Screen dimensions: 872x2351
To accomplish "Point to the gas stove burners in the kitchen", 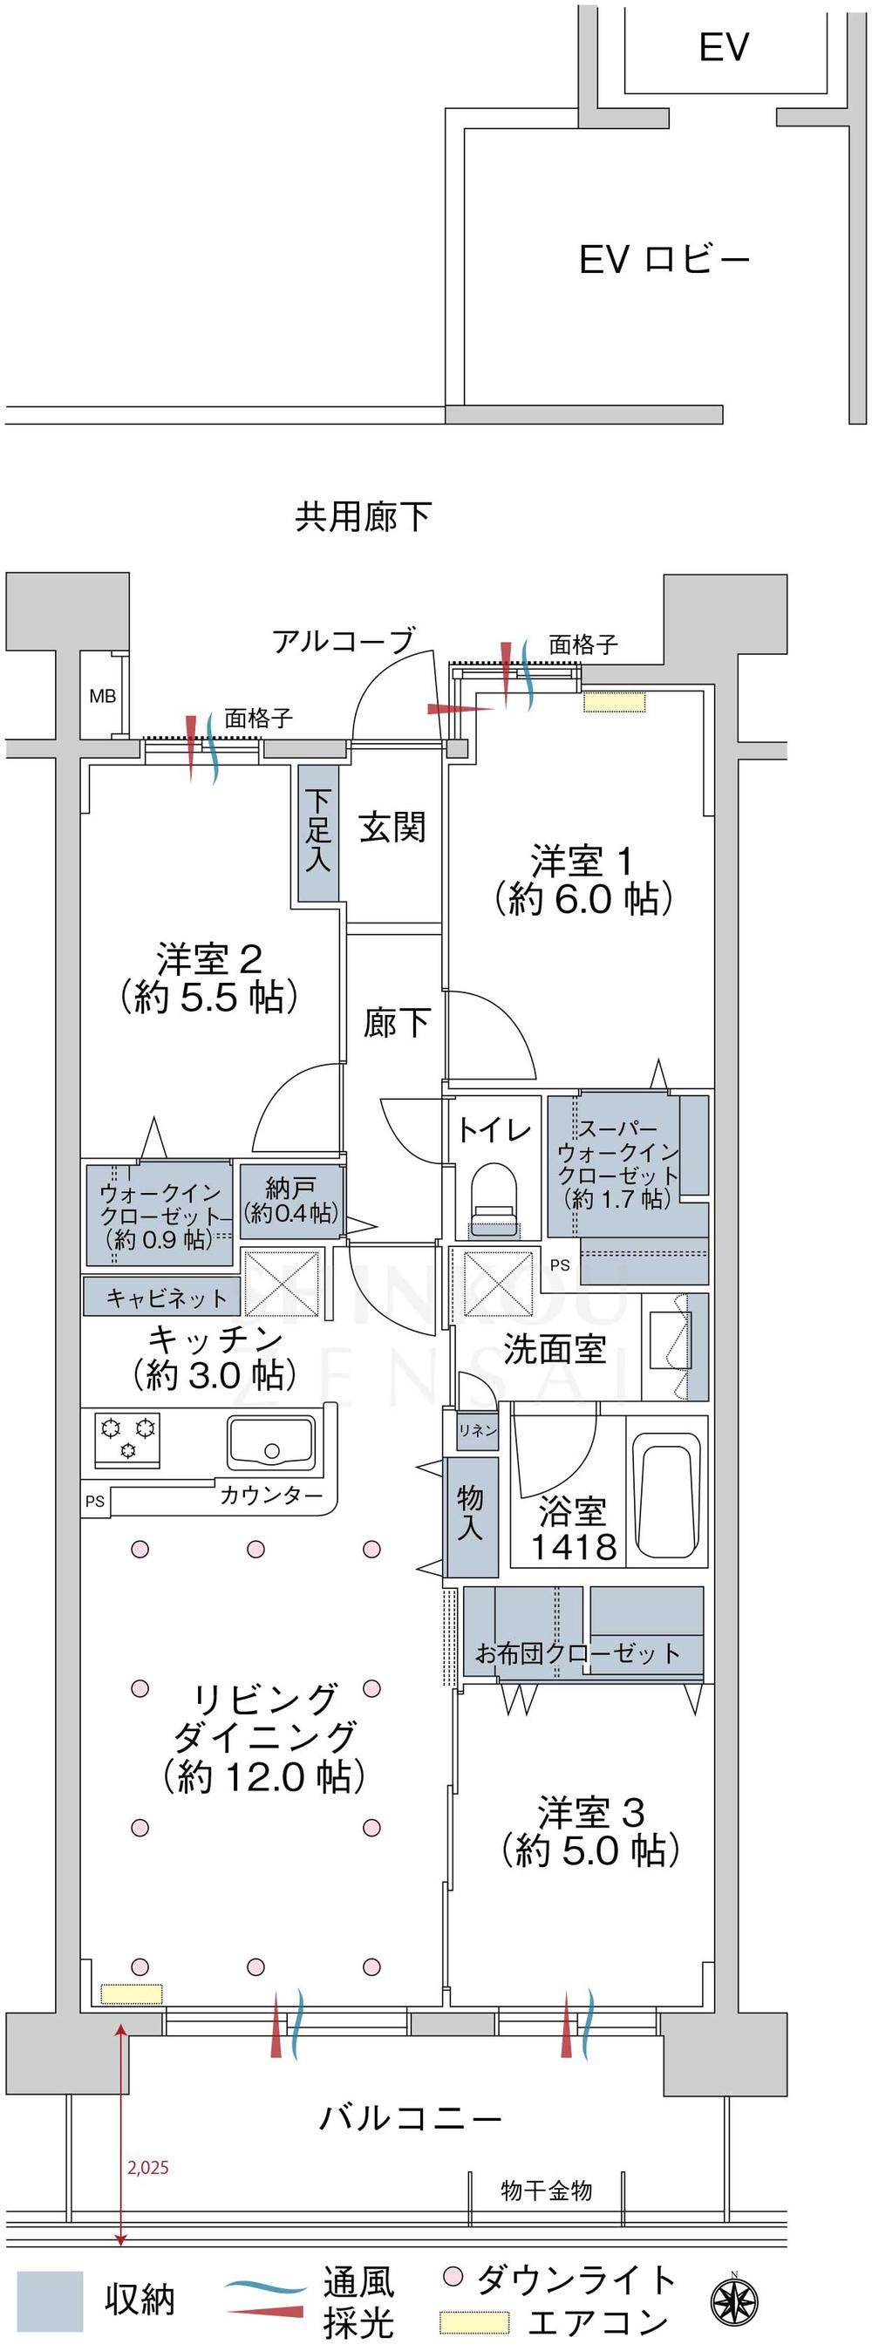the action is [128, 1439].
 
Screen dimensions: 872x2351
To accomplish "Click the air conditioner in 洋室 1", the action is [615, 702].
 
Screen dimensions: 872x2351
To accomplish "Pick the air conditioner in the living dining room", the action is [131, 1994].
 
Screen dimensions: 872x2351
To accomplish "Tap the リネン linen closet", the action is [477, 1431].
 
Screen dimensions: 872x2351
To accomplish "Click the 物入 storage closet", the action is [471, 1516].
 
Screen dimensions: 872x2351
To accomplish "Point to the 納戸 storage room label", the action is [290, 1200].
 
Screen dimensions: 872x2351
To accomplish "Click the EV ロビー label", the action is [664, 261].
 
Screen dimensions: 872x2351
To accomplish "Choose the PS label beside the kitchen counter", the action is [94, 1502].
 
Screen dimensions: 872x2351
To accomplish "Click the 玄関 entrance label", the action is [392, 827].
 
